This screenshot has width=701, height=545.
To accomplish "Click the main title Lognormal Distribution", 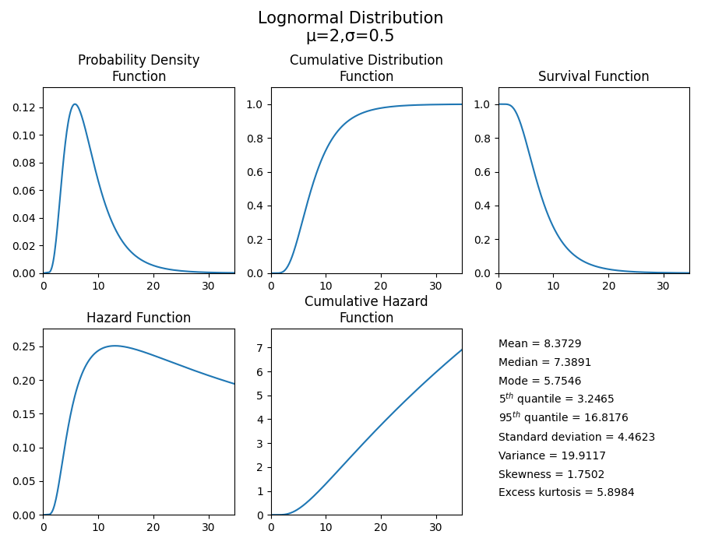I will point(350,18).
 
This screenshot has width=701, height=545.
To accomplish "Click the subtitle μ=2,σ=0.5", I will point(350,36).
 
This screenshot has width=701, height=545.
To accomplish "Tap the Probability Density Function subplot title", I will point(139,69).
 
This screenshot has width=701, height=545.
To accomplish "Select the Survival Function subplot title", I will point(594,76).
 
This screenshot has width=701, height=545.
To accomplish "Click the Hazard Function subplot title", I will point(139,318).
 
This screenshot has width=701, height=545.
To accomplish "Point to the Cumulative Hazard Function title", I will point(366,309).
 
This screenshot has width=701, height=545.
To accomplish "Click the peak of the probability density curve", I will point(75,104).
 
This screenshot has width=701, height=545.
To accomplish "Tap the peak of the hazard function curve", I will point(114,346).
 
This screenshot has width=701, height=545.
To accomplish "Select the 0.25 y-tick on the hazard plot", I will point(26,346).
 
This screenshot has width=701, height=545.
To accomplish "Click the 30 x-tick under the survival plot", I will point(663,285).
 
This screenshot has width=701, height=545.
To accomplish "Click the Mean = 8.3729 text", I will point(540,343).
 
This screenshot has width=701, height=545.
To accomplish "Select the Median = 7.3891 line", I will point(544,362).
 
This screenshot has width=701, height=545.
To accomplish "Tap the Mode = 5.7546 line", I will point(540,381).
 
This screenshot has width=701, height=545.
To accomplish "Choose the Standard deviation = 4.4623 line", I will point(576,437).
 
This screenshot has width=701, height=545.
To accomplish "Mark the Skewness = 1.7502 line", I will point(551,474).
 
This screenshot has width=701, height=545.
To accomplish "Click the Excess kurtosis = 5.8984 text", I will point(566,492).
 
